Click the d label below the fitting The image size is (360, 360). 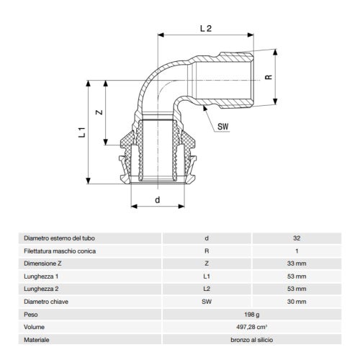[157, 200]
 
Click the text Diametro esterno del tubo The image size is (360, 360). [59, 238]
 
